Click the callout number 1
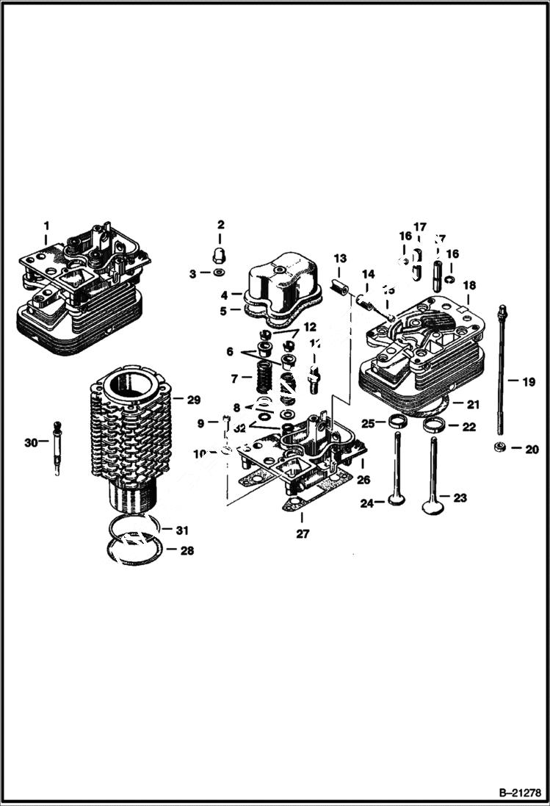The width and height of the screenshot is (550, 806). pos(46,225)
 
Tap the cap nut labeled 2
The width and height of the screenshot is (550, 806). pos(220,255)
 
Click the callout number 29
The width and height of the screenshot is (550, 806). pos(193,400)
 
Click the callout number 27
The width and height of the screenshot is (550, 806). pos(303,534)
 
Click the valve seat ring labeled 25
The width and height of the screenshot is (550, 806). pos(397,422)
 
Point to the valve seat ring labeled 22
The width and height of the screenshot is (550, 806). pos(434,425)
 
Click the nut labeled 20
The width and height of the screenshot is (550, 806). pos(499,447)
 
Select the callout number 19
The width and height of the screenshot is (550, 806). pos(528,382)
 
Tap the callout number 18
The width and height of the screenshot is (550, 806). pos(468,285)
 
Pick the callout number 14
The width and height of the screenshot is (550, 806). pos(368,274)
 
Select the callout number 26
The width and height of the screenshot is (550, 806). pos(363,480)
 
